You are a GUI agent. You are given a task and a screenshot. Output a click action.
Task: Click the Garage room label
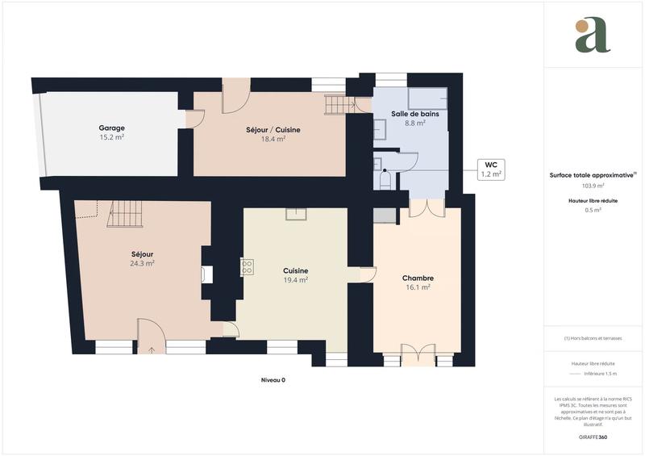coord(111,128)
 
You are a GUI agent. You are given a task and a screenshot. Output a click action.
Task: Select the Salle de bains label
coord(414,114)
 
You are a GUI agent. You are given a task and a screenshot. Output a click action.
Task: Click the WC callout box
coord(491,168)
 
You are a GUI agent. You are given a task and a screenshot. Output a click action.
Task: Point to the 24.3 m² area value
coord(143,263)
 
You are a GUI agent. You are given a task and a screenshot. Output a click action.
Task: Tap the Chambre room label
coord(418,278)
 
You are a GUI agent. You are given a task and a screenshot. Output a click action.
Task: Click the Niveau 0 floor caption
coord(273,380)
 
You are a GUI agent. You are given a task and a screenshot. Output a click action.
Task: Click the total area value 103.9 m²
coord(592,186)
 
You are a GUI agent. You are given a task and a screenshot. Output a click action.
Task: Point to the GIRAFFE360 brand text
coord(592,436)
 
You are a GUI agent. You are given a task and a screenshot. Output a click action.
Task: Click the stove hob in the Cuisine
coord(248,266)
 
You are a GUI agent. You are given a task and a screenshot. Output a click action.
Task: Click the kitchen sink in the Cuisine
coord(296,213)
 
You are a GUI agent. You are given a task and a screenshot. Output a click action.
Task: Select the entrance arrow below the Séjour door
coord(152,350)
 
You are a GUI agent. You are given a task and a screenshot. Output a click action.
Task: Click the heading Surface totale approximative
coord(592,174)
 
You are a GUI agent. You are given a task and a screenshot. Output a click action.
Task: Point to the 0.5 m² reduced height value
coord(592,210)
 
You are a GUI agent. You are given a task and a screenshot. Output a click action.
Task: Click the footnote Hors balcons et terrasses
coord(592,338)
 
